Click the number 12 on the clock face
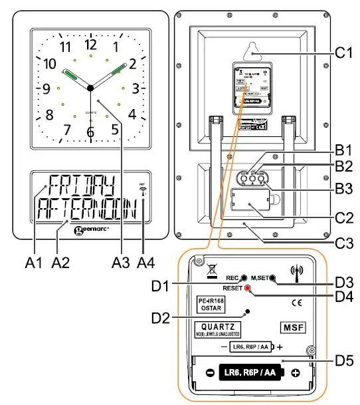(x=90, y=45)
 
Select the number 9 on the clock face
(x=46, y=88)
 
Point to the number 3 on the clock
(x=135, y=88)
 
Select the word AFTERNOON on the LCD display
(x=86, y=211)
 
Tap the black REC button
(x=244, y=278)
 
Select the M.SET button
(x=272, y=278)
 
